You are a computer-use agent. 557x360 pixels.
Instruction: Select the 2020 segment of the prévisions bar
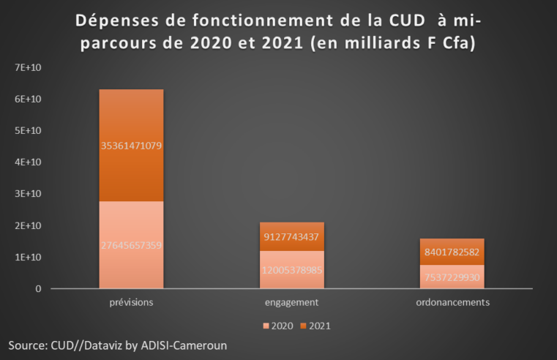click(131, 220)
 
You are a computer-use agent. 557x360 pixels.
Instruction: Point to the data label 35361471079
click(131, 146)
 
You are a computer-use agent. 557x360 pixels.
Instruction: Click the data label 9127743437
click(293, 236)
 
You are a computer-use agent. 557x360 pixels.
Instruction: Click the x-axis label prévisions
click(131, 301)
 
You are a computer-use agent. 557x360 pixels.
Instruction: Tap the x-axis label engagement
click(293, 301)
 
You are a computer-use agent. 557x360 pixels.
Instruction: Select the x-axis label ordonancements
click(452, 301)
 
